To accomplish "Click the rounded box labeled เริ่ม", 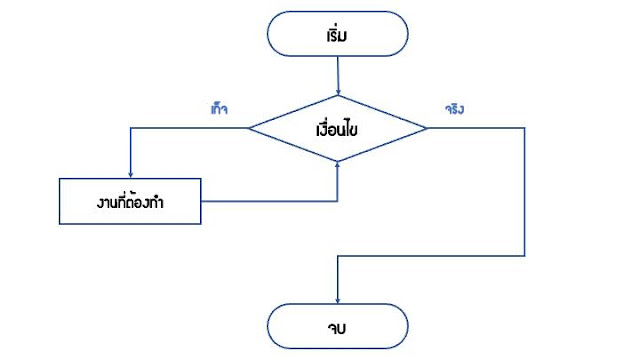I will coord(338,36).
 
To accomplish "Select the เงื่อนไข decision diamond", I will coord(338,129).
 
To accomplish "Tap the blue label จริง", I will coord(455,109).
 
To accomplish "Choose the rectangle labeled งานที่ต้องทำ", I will coord(131,202).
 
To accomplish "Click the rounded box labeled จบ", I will coord(338,325).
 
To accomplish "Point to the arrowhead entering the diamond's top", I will coord(338,92).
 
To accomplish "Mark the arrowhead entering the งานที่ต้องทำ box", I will coord(131,174).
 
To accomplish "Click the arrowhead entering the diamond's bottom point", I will coord(338,166).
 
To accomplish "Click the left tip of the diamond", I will coord(249,129).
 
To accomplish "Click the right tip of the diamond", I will coord(427,129).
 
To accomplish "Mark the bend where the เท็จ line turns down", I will coord(131,129).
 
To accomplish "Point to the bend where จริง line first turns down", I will coord(524,129).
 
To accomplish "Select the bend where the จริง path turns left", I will coord(524,255).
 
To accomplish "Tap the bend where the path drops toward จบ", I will coord(338,255).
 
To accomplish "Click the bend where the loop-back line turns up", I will coord(338,202).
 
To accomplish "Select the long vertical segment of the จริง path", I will coord(524,192).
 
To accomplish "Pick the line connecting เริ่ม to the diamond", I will coord(338,75).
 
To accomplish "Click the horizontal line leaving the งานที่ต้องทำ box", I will coord(270,202).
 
